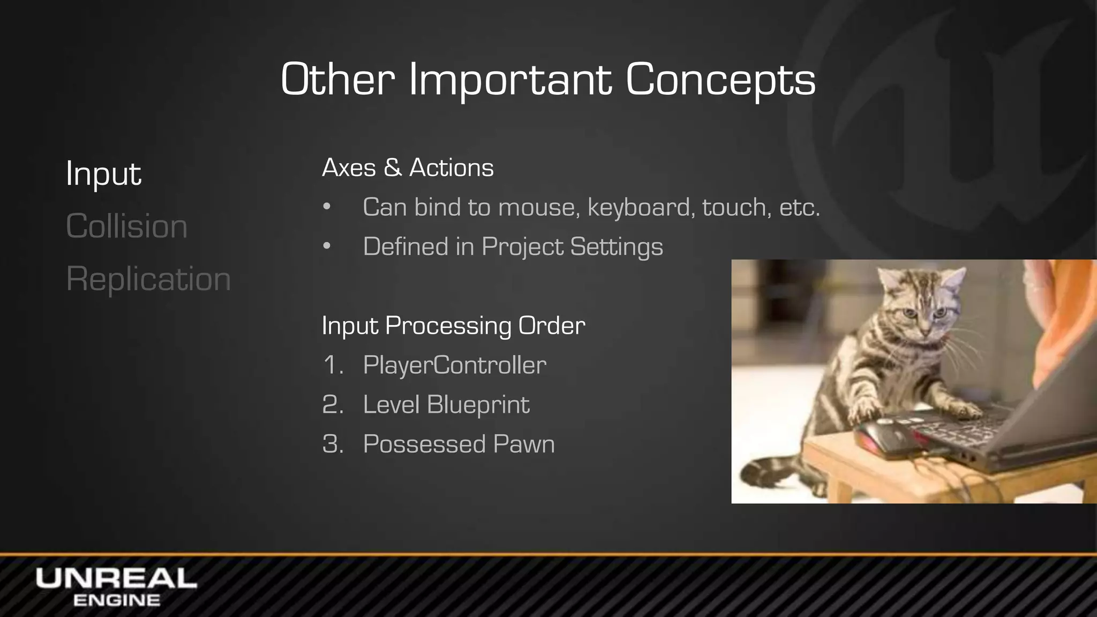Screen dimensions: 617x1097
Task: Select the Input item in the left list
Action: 103,174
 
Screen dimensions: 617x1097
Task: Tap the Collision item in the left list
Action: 126,226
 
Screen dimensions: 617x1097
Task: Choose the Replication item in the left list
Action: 148,279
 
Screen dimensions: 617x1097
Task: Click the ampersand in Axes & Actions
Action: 392,168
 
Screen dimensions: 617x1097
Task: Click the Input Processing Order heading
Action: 453,326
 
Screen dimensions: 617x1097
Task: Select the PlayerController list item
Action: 454,365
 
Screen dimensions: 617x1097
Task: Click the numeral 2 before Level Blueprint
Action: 332,405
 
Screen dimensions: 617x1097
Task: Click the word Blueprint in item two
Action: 478,405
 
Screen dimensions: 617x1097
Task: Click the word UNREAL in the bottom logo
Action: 116,579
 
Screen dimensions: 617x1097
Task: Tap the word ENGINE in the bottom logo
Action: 116,600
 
